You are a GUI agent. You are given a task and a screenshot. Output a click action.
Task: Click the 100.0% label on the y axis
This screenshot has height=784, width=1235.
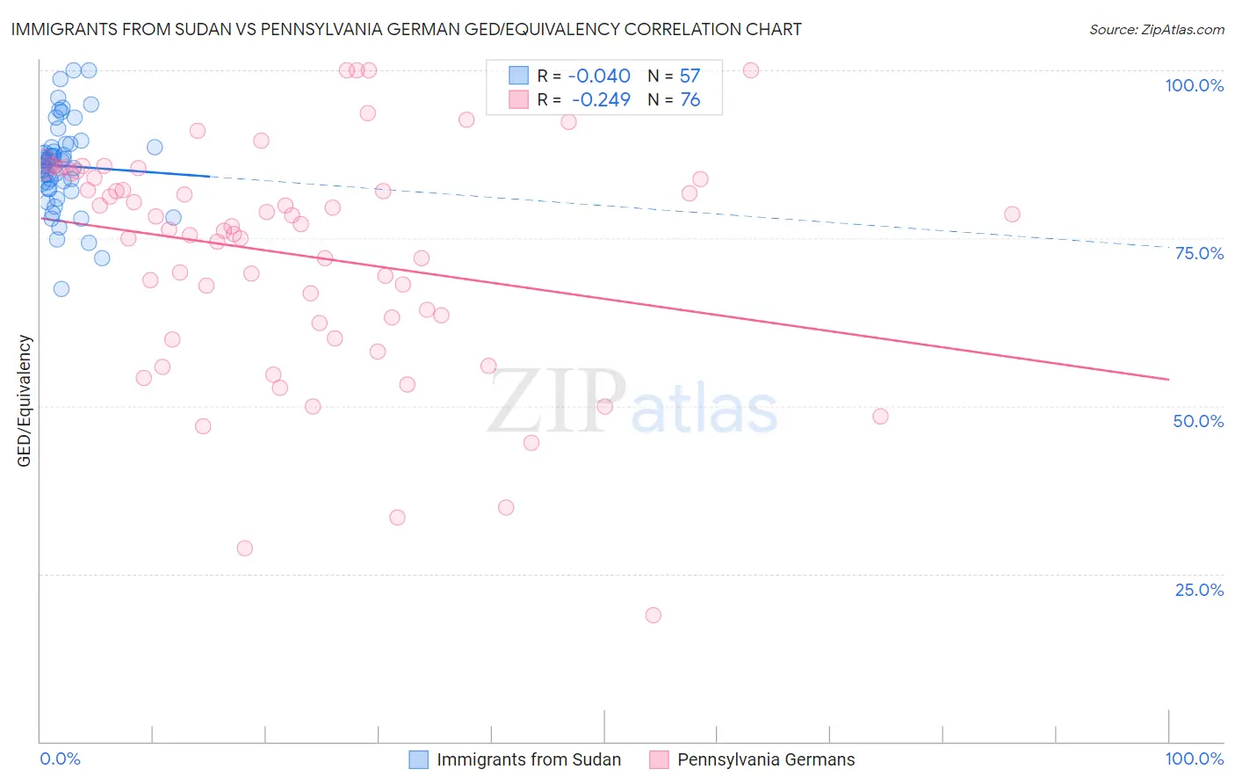click(1194, 85)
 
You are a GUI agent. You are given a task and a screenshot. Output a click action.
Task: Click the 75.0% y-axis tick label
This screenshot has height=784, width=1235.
click(1199, 253)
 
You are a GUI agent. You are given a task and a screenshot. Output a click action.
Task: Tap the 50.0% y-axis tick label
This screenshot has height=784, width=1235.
click(1198, 421)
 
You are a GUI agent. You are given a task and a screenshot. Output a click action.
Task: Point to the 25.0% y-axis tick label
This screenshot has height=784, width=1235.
click(1199, 590)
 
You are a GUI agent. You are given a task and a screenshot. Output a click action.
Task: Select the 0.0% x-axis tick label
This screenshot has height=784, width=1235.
click(60, 759)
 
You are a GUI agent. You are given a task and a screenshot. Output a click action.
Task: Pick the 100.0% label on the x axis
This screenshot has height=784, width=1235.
click(1194, 759)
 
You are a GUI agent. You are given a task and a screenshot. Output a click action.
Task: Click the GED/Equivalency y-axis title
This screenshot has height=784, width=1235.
click(25, 401)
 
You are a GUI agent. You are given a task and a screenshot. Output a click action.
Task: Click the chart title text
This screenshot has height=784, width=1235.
click(406, 29)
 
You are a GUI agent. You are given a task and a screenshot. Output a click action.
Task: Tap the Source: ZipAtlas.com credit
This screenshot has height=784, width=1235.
click(1156, 29)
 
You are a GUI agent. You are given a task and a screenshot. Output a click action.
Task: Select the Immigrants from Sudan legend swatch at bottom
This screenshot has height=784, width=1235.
click(419, 759)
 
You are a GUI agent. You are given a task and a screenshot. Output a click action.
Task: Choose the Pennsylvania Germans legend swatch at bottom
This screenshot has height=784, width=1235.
click(659, 759)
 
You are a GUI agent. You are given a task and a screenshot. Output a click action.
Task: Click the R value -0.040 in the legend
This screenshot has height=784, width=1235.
click(599, 76)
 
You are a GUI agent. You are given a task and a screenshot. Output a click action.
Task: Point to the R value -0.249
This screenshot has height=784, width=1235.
click(601, 100)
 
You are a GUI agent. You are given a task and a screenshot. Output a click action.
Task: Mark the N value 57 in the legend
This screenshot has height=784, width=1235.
click(690, 76)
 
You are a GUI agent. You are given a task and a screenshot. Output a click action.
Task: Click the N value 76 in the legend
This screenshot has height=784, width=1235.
click(690, 100)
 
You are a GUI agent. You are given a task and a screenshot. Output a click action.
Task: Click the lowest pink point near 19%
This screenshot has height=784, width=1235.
click(653, 615)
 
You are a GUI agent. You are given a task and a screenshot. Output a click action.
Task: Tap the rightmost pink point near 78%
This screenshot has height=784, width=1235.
click(1012, 214)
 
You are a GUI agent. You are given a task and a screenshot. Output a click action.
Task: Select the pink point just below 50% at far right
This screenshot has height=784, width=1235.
click(880, 417)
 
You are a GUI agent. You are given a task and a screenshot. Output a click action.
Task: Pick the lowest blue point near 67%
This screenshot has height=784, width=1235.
click(61, 289)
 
